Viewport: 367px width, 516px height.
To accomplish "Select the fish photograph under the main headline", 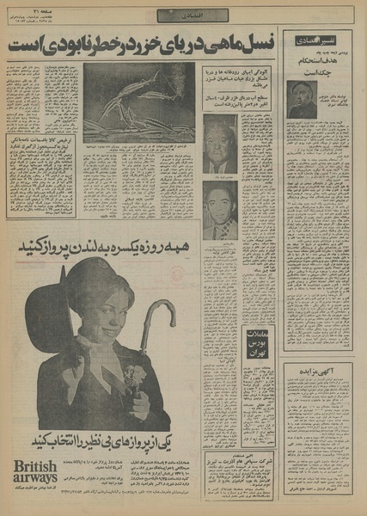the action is point(138,101).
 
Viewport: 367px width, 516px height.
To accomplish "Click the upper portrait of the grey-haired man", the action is point(220,143).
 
